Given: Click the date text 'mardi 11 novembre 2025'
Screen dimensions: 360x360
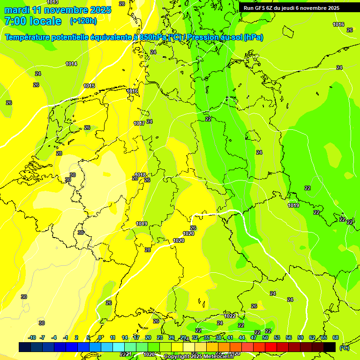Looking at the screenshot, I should tap(58, 10).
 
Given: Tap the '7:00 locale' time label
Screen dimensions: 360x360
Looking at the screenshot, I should tap(33, 21).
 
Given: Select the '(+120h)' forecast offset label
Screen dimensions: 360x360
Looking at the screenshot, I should tap(83, 21).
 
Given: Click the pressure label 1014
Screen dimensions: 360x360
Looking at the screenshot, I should tap(71, 64).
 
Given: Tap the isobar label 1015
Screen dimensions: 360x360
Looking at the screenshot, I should tap(89, 86).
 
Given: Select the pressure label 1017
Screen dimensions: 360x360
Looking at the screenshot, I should tap(139, 123).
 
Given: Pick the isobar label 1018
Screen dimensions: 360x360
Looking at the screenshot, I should tap(141, 175).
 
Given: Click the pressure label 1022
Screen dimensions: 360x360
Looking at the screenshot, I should tap(230, 316).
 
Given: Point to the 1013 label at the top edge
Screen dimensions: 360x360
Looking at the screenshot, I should tap(53, 2).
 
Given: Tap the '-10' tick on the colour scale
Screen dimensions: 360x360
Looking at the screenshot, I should tap(32, 337).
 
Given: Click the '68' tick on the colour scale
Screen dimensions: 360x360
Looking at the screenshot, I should tap(336, 337).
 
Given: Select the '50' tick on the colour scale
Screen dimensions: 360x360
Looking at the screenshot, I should tap(265, 337).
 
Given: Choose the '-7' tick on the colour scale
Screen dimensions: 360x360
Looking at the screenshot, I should tap(42, 337).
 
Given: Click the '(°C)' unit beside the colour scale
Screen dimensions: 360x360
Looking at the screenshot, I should tap(344, 348).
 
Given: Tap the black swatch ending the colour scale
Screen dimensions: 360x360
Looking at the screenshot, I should tap(330, 347).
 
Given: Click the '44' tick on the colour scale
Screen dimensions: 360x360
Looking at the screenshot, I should tap(242, 337).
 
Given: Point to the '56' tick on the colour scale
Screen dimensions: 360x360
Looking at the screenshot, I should tap(289, 337).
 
